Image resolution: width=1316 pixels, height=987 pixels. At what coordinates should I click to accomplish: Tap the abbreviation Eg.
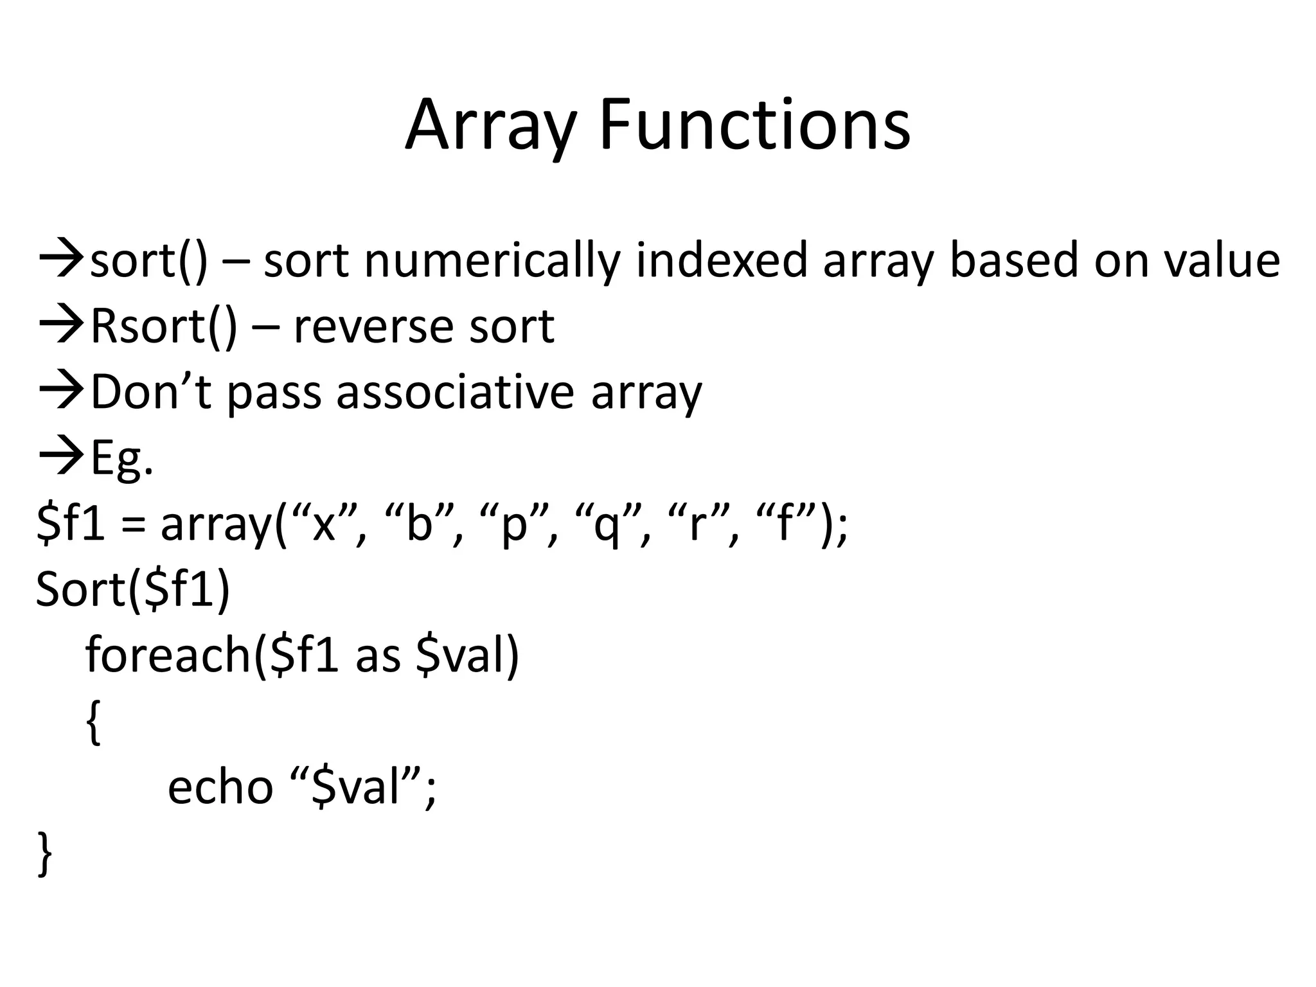[122, 459]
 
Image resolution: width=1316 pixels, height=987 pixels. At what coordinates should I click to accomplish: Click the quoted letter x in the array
[323, 524]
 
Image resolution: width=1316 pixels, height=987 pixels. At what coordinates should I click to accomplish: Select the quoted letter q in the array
[607, 524]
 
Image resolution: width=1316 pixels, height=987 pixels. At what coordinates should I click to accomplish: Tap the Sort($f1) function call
[132, 589]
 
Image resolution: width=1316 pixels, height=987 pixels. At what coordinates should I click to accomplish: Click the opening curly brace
[94, 722]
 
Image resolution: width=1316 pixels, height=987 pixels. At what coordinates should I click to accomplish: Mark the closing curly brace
[44, 853]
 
